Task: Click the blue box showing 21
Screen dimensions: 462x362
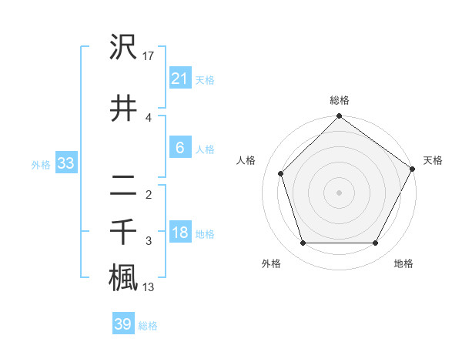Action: pos(179,78)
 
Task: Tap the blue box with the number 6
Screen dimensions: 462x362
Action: pos(179,148)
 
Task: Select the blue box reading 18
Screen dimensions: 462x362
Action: pos(179,233)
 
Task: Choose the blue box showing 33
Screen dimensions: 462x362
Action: pos(65,163)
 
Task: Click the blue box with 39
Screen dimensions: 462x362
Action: pos(123,324)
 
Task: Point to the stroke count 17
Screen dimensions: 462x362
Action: pos(149,55)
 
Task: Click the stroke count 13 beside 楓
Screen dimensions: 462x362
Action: pos(149,287)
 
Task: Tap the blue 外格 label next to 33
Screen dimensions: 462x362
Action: pos(41,164)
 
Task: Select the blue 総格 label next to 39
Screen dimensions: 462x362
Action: pos(148,326)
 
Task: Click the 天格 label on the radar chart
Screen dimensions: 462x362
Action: pos(433,160)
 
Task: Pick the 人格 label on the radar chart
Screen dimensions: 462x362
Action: pos(246,160)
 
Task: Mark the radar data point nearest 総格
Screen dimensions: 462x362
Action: pos(339,117)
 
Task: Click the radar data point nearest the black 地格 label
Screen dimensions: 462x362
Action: pos(376,243)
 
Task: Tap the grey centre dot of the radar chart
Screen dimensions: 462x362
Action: pos(339,192)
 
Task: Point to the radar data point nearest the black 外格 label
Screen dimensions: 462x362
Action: pos(303,243)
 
